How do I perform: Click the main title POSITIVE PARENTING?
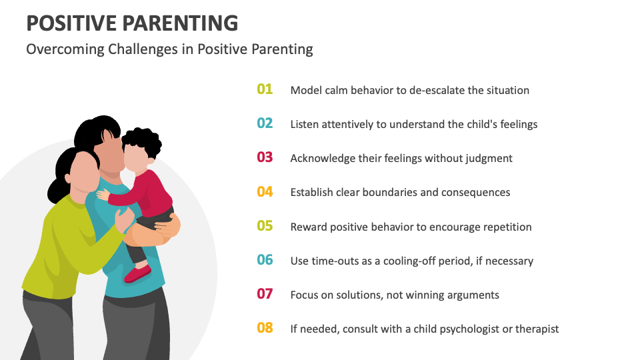pos(132,23)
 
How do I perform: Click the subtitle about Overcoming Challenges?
pos(169,49)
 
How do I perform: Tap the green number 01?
pos(265,89)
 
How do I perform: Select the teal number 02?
pos(265,123)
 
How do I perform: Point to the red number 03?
pos(265,157)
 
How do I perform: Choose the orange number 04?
pos(265,192)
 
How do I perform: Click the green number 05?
pos(265,226)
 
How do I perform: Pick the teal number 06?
pos(265,260)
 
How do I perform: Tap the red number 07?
pos(265,294)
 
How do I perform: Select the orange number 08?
pos(265,328)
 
